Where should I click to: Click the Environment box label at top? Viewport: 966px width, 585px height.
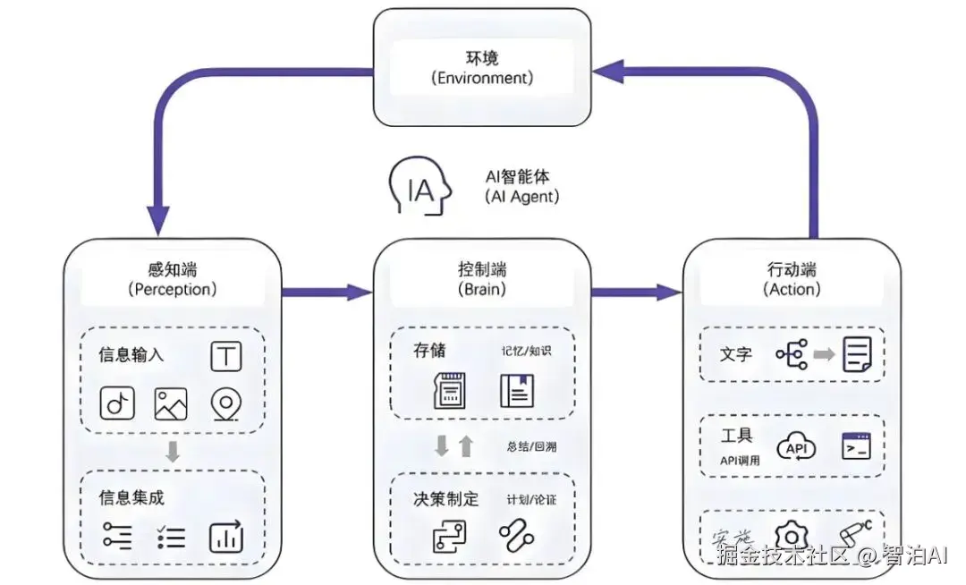482,67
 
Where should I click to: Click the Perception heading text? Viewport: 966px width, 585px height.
172,279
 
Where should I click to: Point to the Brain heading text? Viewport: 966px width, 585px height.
481,279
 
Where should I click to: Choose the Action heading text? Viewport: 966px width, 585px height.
792,279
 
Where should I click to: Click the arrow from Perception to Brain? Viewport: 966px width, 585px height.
326,292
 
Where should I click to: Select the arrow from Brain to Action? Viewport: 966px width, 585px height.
637,292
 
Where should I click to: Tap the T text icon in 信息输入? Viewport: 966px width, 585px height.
226,356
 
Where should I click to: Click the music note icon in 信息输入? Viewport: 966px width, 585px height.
116,404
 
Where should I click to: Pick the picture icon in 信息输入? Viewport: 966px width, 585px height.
171,404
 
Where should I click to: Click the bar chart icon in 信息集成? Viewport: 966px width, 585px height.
225,537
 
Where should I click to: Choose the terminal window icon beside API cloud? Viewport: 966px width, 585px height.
856,446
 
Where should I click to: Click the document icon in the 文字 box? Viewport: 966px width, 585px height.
858,355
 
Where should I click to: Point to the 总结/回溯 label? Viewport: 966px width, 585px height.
530,445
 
